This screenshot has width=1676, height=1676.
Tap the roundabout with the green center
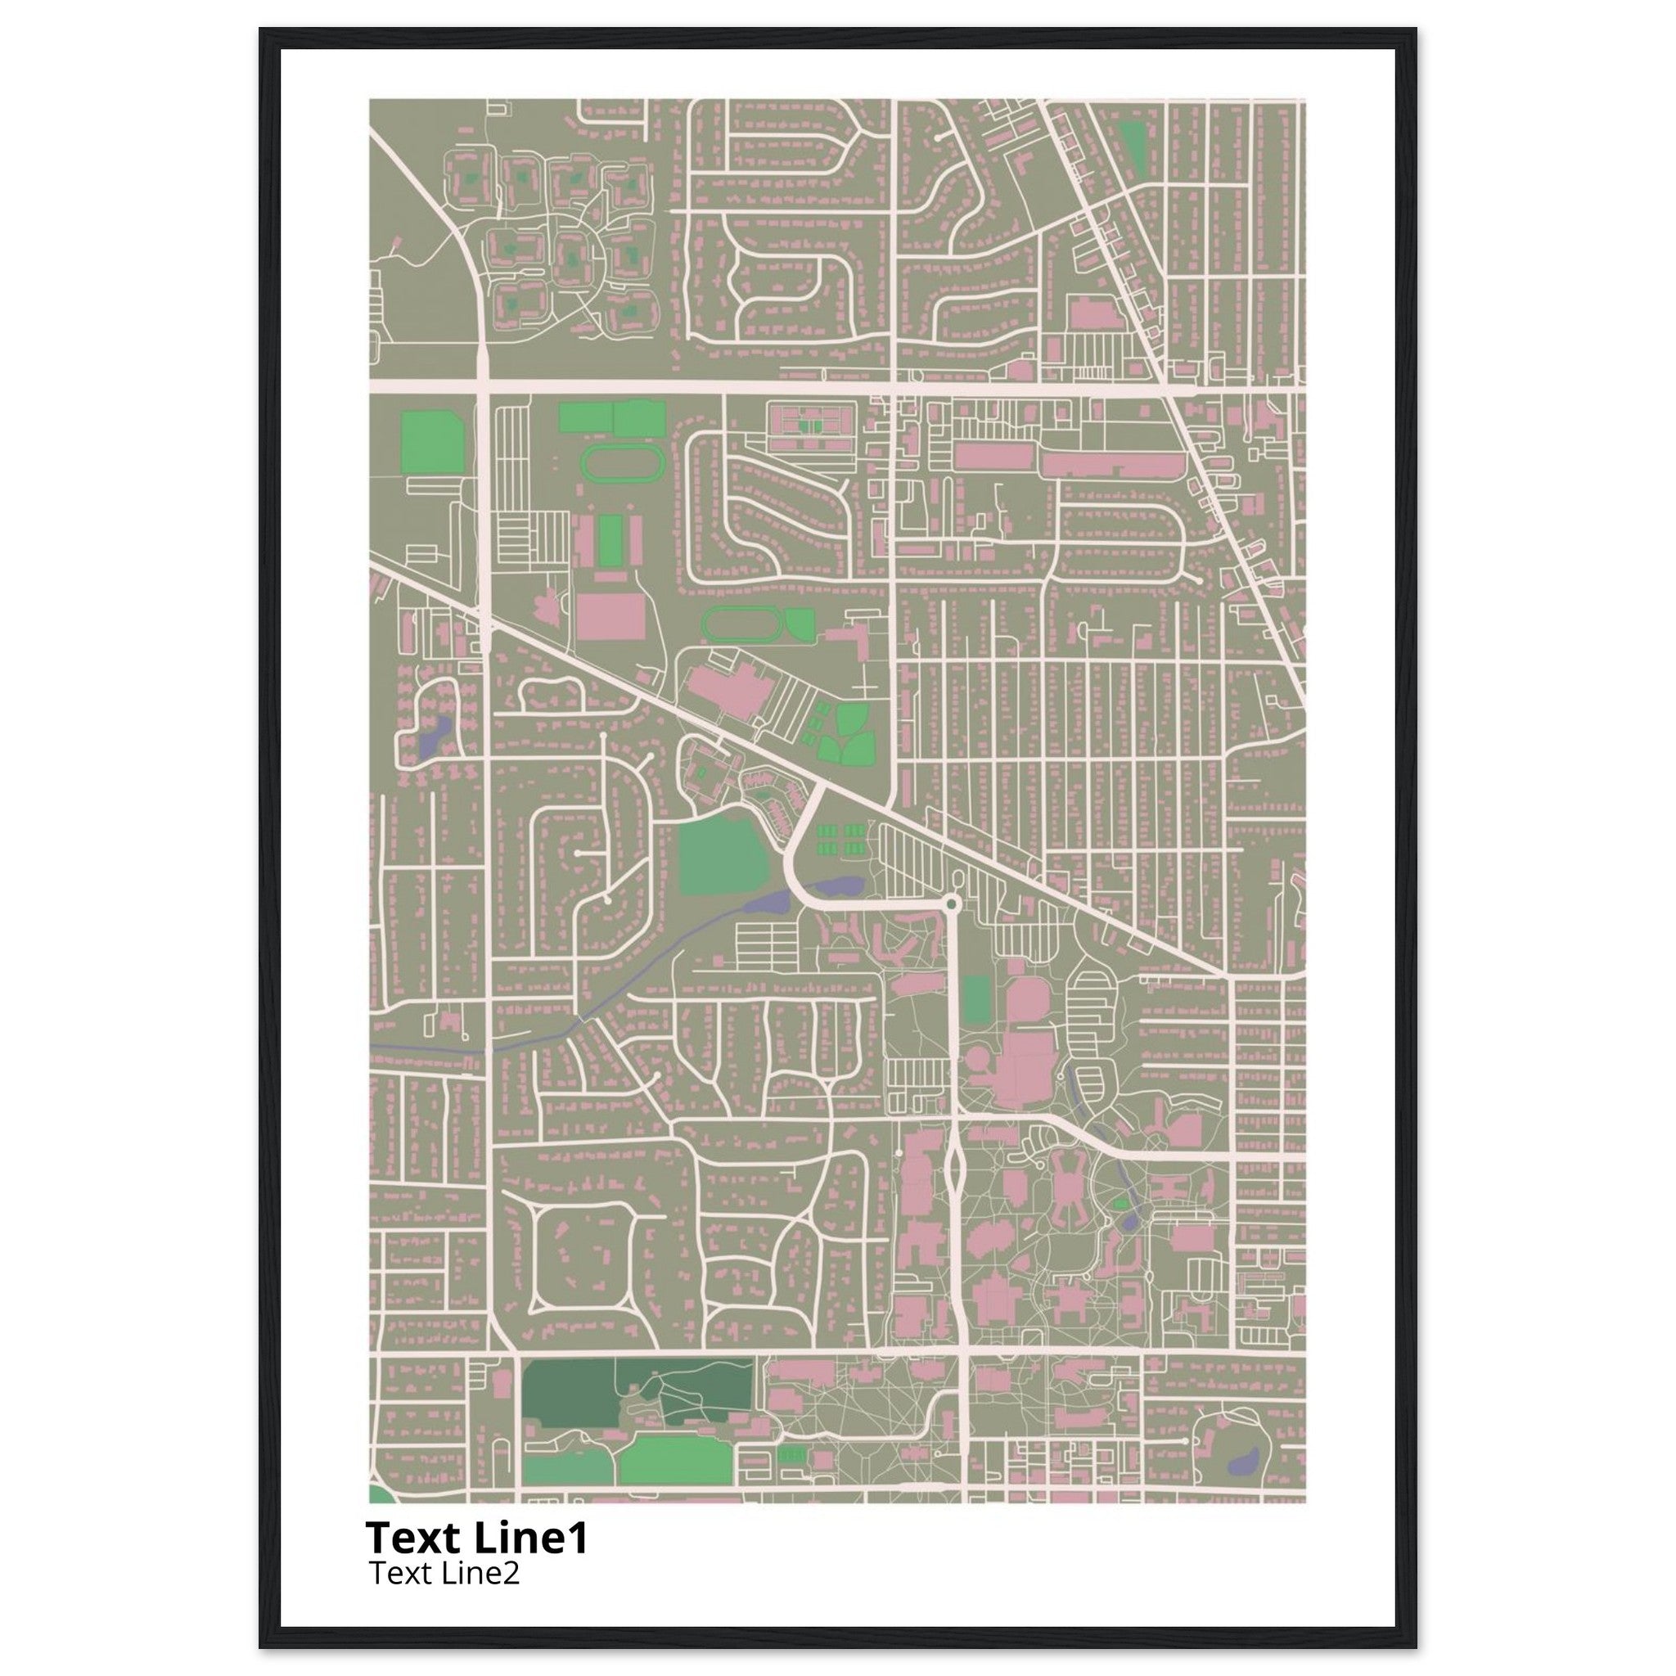(952, 905)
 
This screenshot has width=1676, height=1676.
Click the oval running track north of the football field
(619, 465)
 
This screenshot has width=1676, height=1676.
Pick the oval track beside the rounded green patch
(741, 624)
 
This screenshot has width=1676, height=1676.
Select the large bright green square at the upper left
(431, 443)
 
